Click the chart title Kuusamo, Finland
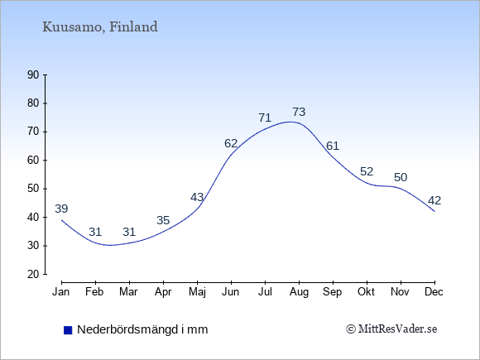point(100,27)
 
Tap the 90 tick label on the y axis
point(33,74)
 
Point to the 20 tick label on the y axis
point(33,274)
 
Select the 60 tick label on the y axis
point(33,160)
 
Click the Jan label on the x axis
point(61,292)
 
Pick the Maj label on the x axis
point(197,292)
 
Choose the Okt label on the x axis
point(366,292)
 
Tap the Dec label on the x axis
point(434,292)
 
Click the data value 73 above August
point(299,112)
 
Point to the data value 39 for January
point(61,209)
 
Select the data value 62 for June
point(231,143)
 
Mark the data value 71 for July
point(265,118)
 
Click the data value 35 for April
point(163,220)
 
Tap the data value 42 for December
point(434,201)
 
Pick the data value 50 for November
point(401,177)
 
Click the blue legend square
point(68,330)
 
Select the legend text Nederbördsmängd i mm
point(142,329)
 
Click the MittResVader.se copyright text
point(391,329)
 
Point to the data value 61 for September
point(333,146)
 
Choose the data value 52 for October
point(367,172)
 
